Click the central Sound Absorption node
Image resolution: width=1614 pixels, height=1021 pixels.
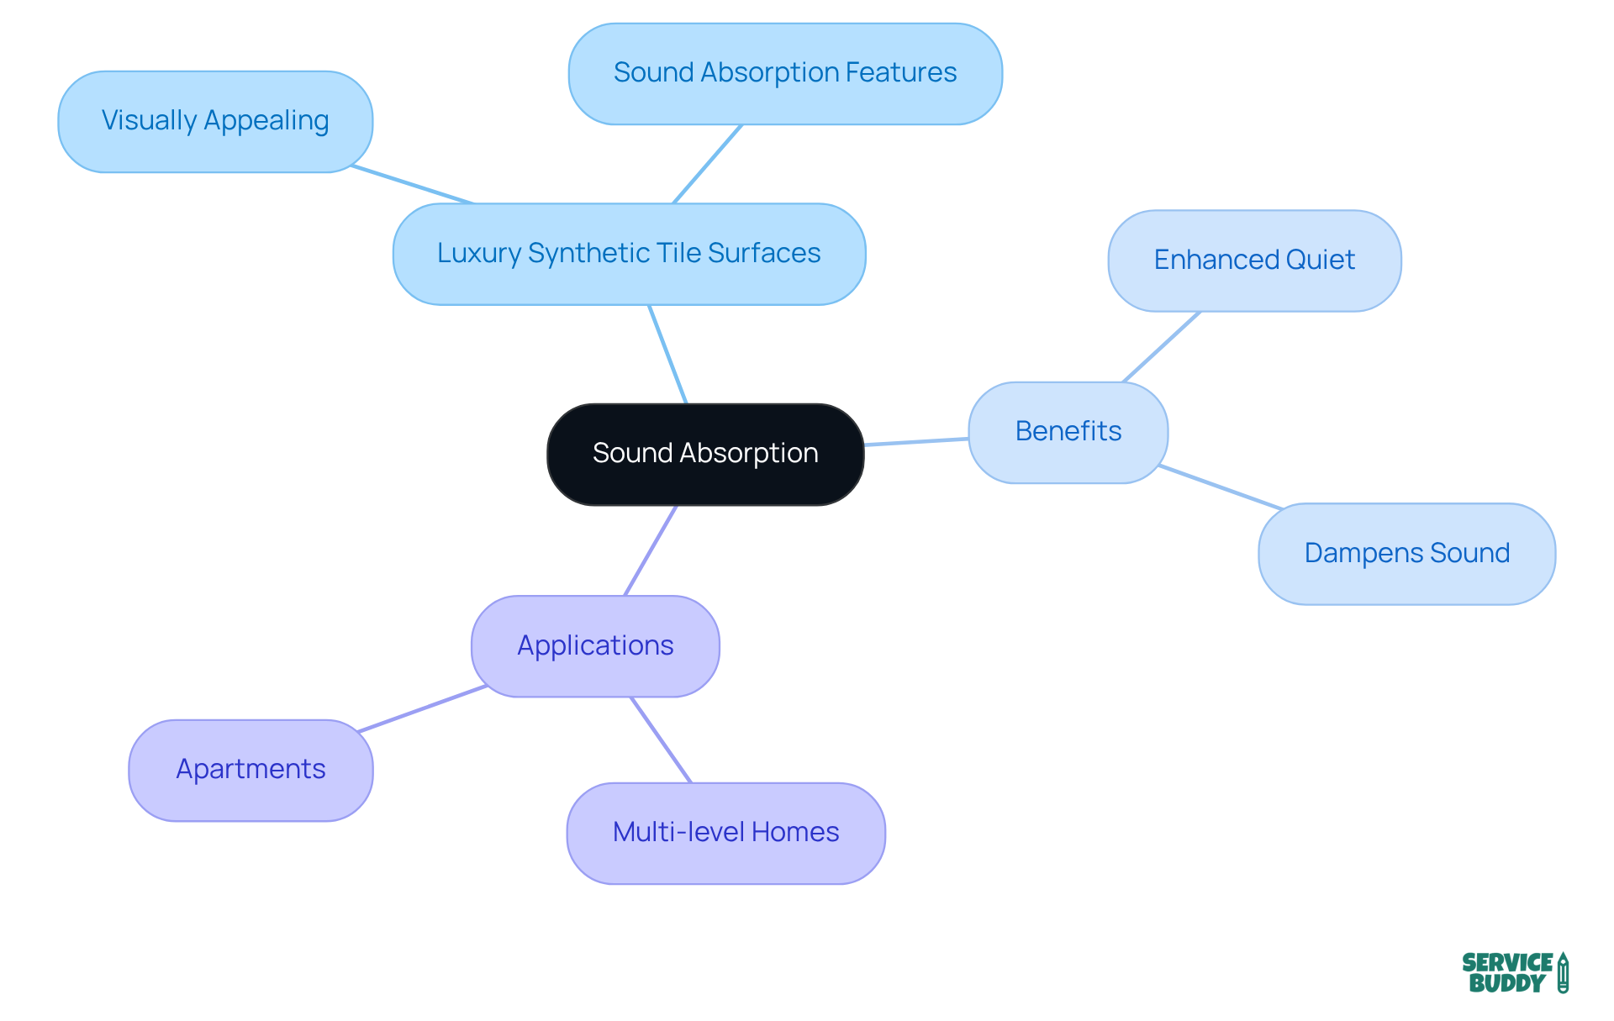click(705, 454)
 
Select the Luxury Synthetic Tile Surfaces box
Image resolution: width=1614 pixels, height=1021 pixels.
click(629, 254)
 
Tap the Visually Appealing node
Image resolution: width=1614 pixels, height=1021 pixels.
click(215, 121)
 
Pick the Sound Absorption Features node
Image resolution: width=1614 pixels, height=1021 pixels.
click(785, 73)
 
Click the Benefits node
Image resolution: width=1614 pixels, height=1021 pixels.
click(1068, 432)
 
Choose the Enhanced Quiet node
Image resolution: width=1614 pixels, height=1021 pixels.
click(1254, 261)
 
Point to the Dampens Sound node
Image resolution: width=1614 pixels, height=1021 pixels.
click(1406, 554)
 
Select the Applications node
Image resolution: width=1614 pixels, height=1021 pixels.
click(595, 646)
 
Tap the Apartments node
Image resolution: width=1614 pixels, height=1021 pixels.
click(251, 770)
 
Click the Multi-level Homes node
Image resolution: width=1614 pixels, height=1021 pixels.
click(725, 833)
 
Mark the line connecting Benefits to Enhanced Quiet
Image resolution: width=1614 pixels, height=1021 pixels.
click(1162, 347)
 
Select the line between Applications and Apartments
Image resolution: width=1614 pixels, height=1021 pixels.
click(423, 708)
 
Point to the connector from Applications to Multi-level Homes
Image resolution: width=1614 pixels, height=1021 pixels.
click(661, 739)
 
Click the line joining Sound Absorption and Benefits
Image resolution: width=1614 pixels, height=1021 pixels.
click(916, 441)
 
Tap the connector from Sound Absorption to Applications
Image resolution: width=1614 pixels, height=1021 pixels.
click(651, 550)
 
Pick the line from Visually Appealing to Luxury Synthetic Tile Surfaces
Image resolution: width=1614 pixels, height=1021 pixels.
click(412, 185)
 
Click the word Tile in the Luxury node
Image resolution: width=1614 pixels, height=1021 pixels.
click(675, 254)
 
